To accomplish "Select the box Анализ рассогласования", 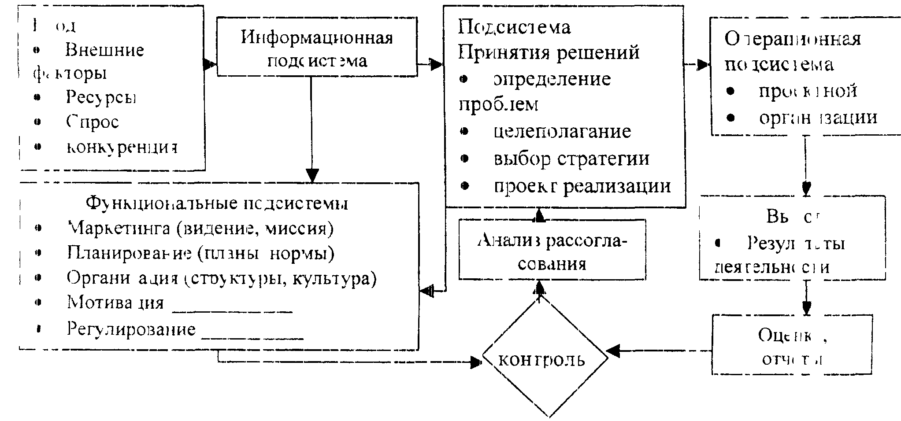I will (x=552, y=250).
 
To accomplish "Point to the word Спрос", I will (x=93, y=122).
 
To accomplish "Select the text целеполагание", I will (x=563, y=131).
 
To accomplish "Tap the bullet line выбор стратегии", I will (x=571, y=159).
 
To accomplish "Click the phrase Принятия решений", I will (x=549, y=52).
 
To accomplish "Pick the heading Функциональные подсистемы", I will (x=217, y=203).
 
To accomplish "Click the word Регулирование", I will (x=131, y=329).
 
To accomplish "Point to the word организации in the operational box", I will (x=818, y=118).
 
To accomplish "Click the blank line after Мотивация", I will (x=232, y=310).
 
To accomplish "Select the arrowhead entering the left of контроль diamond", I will (x=475, y=362).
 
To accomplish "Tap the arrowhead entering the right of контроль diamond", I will (x=613, y=351).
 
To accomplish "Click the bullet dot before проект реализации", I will (x=464, y=186).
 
